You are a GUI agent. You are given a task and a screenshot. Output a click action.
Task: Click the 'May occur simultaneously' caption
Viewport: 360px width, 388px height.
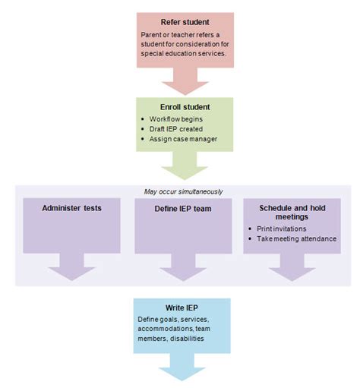click(x=179, y=191)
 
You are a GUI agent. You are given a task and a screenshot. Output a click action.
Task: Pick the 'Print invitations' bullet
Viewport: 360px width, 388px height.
click(x=284, y=229)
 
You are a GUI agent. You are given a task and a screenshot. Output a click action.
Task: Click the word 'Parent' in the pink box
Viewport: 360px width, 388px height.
click(x=153, y=34)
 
